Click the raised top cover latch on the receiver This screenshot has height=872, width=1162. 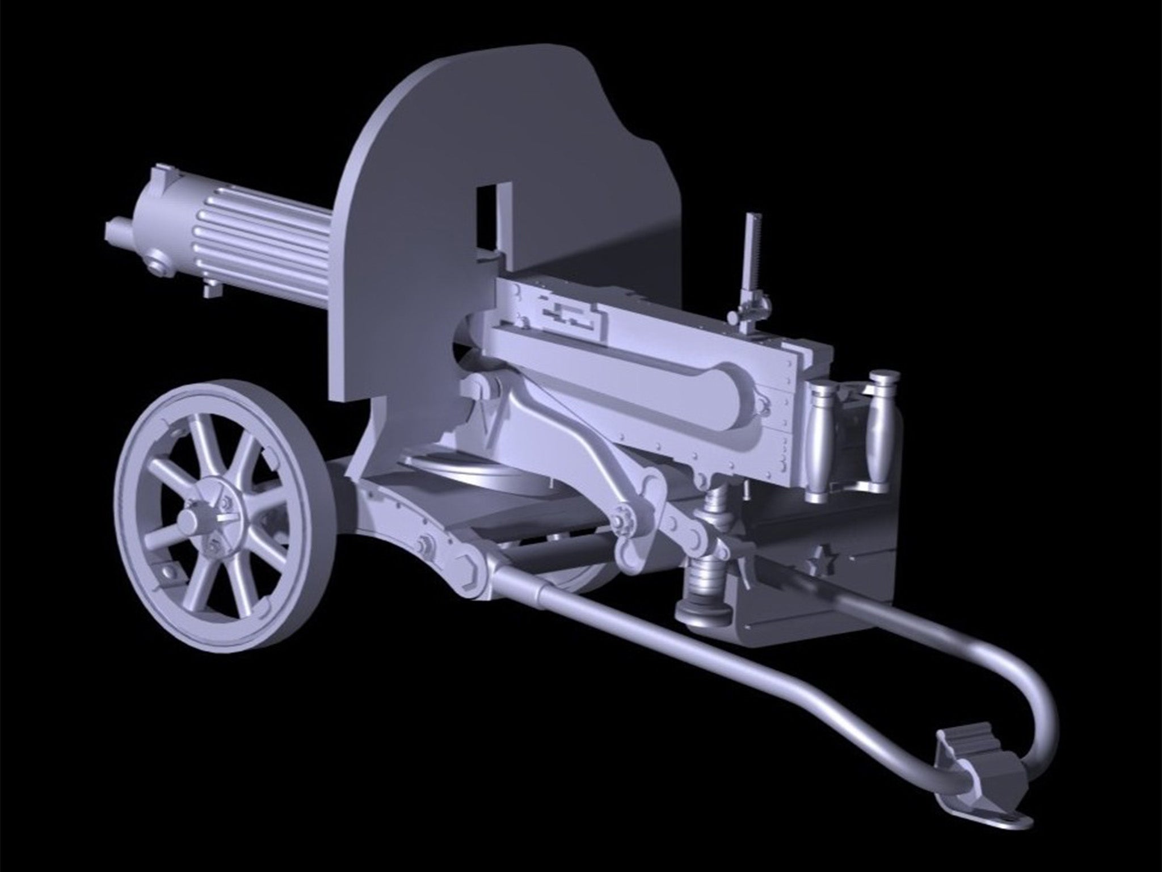pyautogui.click(x=567, y=315)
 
